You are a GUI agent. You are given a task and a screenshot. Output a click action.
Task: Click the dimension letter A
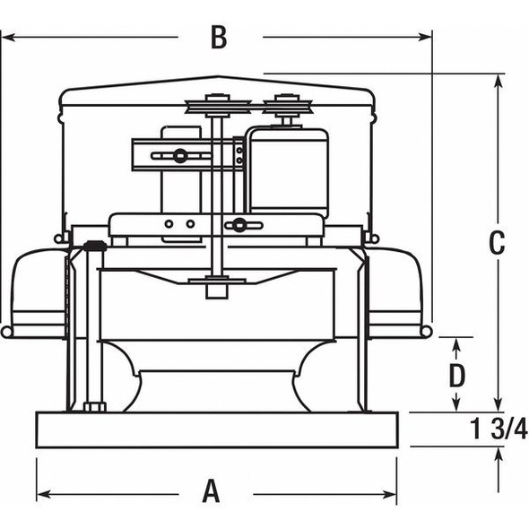pos(211,491)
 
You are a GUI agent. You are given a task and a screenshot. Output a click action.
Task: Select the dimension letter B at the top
pos(219,38)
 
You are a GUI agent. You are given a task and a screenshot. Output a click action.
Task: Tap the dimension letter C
pos(496,242)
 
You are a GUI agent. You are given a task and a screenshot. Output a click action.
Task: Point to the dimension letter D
pos(457,371)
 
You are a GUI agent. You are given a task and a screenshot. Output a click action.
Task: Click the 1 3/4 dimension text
pos(499,429)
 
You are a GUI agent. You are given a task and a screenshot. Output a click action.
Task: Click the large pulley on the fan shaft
pos(218,107)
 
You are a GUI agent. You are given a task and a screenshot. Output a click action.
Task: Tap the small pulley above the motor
pos(287,108)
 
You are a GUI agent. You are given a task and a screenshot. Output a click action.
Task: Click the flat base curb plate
pos(216,429)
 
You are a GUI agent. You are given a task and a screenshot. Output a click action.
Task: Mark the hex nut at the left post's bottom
pos(93,407)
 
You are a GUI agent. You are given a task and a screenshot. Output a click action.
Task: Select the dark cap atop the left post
pos(93,245)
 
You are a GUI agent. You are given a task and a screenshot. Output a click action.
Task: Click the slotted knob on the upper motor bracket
pos(180,156)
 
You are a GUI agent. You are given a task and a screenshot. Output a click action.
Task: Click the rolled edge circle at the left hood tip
pos(7,332)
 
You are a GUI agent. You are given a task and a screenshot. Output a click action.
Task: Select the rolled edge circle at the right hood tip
pos(426,332)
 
